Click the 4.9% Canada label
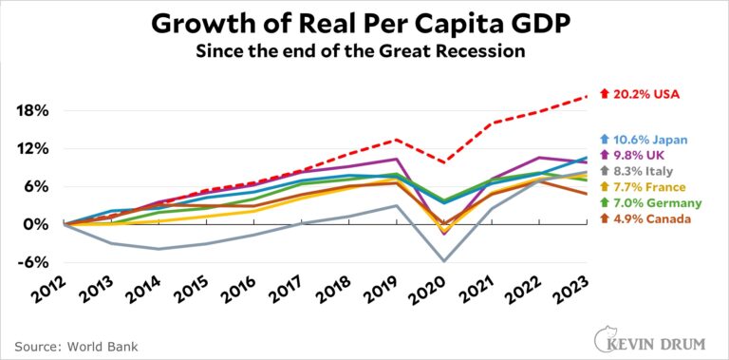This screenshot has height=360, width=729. (649, 219)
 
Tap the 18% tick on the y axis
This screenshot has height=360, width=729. (28, 110)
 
